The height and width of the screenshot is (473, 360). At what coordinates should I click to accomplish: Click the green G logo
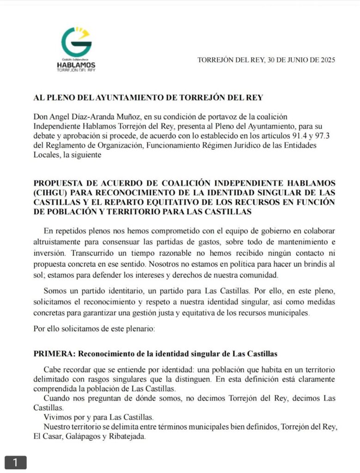(76, 42)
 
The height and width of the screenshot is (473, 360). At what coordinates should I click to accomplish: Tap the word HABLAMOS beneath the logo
(76, 66)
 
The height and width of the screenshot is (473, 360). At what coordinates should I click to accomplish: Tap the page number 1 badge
(15, 462)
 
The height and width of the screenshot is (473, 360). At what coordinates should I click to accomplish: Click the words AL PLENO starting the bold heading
(55, 98)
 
